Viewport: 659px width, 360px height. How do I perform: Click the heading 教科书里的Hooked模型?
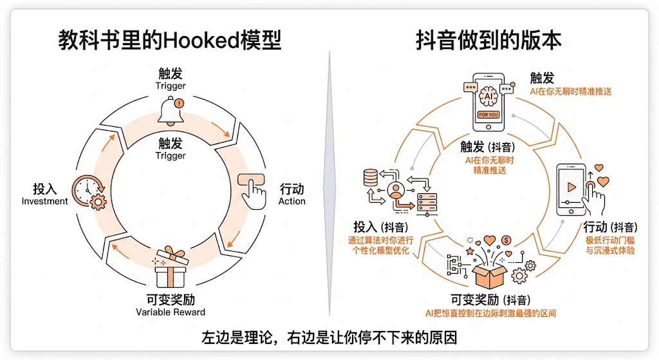click(x=170, y=41)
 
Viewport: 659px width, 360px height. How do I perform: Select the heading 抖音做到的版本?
click(x=488, y=41)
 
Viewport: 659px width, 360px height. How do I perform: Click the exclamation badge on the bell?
click(x=179, y=102)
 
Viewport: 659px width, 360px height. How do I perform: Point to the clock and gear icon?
click(x=88, y=191)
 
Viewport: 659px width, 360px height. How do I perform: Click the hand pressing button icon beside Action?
click(x=253, y=188)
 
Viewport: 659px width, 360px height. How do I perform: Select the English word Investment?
click(x=44, y=201)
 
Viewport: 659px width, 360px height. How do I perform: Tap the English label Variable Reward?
click(x=171, y=312)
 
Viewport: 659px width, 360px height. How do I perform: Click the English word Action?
click(x=292, y=201)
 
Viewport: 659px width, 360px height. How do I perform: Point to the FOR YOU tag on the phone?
click(x=488, y=115)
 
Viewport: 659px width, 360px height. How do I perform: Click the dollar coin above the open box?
click(x=506, y=240)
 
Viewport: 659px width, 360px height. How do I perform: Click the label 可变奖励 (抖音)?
click(x=490, y=300)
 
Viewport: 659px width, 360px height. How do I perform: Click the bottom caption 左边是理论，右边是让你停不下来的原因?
click(x=329, y=337)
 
